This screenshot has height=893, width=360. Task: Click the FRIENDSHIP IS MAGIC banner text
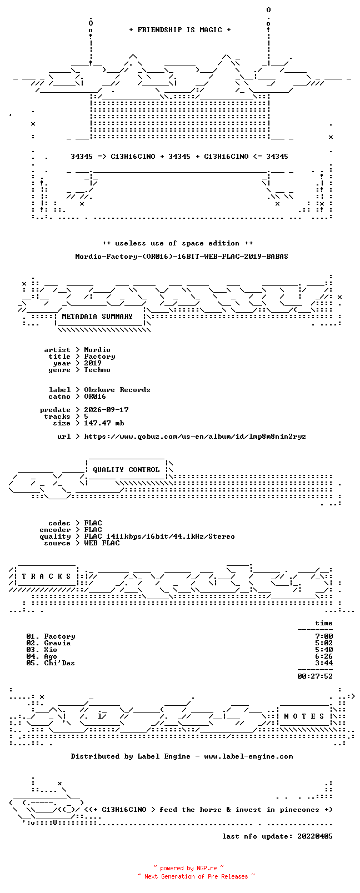point(180,30)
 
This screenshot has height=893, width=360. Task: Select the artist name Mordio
point(97,350)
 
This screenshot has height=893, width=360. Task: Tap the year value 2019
point(92,363)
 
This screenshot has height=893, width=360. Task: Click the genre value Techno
point(97,370)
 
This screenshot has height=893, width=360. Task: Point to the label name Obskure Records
point(117,390)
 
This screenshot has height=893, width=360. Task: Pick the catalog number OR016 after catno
point(95,397)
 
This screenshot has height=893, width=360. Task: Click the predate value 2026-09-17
point(106,410)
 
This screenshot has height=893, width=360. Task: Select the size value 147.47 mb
point(104,423)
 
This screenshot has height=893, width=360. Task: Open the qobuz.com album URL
point(195,437)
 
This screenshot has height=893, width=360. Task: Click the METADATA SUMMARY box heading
point(97,317)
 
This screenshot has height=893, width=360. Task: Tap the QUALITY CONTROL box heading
point(126,470)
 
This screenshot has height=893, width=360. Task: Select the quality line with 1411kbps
point(159,536)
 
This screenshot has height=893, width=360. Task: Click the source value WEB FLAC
point(102,543)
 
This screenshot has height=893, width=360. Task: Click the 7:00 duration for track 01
point(324,636)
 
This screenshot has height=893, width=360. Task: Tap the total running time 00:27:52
point(315,676)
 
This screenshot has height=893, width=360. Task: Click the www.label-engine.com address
point(248,756)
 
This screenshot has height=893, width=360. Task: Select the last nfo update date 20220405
point(315,836)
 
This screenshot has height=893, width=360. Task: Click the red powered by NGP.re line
point(188,868)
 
